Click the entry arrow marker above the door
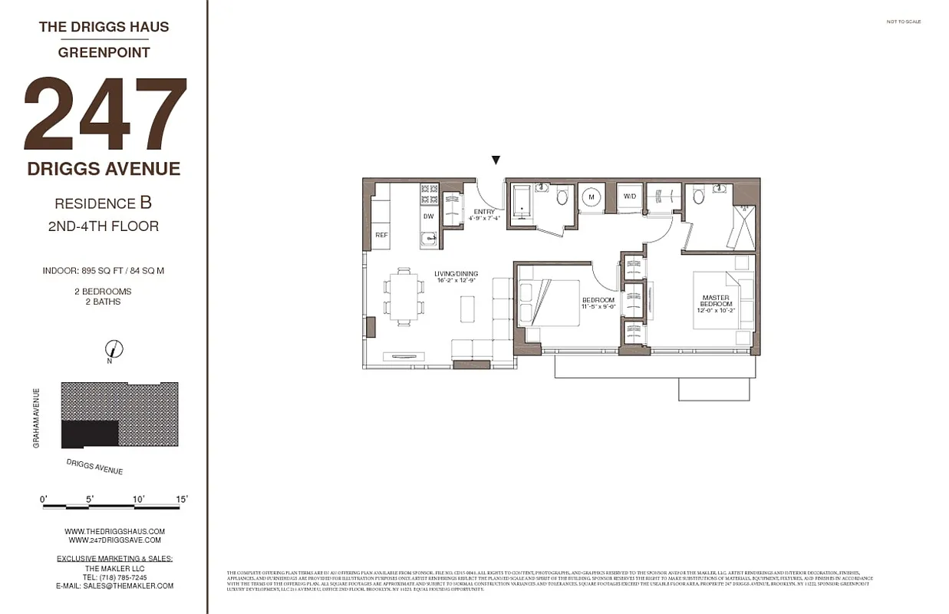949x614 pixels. click(x=496, y=160)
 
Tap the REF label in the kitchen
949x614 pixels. click(x=381, y=235)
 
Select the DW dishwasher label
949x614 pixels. click(x=428, y=216)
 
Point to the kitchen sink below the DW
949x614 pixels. click(x=429, y=239)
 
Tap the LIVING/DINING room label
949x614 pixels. click(x=456, y=277)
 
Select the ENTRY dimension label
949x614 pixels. click(x=484, y=215)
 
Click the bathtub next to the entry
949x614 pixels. click(x=522, y=201)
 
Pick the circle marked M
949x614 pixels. click(x=591, y=197)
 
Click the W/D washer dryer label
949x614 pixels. click(x=630, y=196)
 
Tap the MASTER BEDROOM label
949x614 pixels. click(x=715, y=301)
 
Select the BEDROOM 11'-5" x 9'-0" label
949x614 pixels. click(x=598, y=303)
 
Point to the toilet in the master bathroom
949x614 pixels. click(x=698, y=197)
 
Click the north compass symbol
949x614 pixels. click(x=114, y=349)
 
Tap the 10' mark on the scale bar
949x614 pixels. click(x=139, y=499)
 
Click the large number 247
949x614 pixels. click(x=106, y=115)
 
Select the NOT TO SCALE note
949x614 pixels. click(x=903, y=21)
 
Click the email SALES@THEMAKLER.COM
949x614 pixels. click(x=114, y=586)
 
